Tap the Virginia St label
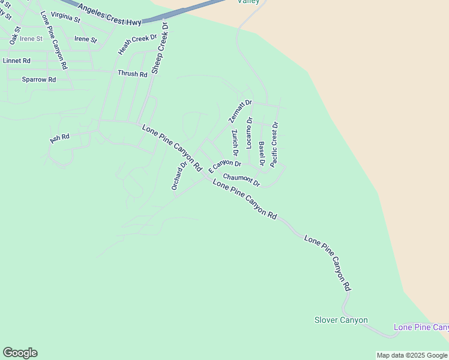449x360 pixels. [65, 17]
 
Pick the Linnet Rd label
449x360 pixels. [17, 61]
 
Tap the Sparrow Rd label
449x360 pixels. [38, 79]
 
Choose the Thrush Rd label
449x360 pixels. [132, 74]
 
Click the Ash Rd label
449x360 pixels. [59, 137]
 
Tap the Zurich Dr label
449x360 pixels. [235, 142]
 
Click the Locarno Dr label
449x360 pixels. [250, 133]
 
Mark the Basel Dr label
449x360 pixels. [262, 154]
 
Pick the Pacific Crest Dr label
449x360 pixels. [274, 144]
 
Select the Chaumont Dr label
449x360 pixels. [241, 179]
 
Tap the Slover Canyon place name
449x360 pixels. [341, 320]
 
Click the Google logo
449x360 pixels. [20, 353]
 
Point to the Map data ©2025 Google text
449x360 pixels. [412, 355]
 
